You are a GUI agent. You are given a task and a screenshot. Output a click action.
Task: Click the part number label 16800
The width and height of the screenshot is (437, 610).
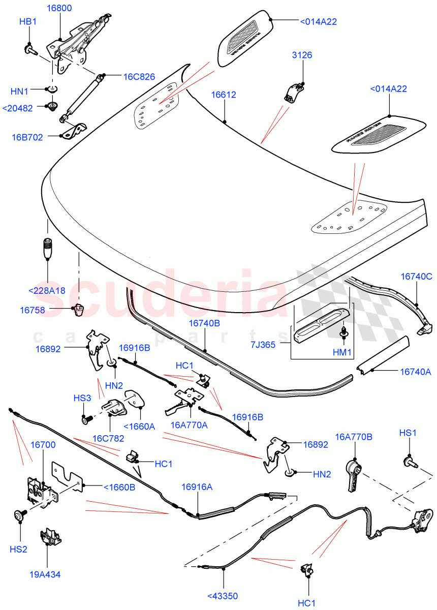pyautogui.click(x=59, y=8)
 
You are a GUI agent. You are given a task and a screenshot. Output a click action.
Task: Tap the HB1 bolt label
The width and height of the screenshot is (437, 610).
pyautogui.click(x=28, y=22)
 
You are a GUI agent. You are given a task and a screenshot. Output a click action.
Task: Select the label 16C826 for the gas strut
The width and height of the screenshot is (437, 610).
pyautogui.click(x=139, y=77)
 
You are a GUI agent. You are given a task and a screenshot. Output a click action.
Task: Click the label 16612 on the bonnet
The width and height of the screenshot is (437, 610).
pyautogui.click(x=224, y=95)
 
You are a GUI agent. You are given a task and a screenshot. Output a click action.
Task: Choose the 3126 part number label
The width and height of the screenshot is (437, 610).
pyautogui.click(x=302, y=55)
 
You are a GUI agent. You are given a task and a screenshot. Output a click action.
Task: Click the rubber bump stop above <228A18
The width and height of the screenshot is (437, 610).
pyautogui.click(x=47, y=247)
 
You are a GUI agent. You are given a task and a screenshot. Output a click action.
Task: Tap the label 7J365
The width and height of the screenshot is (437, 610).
pyautogui.click(x=263, y=345)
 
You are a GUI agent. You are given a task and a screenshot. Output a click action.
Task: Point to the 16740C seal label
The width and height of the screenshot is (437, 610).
pyautogui.click(x=416, y=277)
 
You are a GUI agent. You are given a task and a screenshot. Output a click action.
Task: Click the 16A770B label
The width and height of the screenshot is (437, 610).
pyautogui.click(x=354, y=437)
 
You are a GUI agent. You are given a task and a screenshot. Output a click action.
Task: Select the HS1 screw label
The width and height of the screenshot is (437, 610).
pyautogui.click(x=408, y=433)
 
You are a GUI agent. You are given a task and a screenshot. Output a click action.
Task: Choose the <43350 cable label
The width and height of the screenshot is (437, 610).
pyautogui.click(x=223, y=596)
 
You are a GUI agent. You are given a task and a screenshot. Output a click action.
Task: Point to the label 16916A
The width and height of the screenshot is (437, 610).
pyautogui.click(x=197, y=487)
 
